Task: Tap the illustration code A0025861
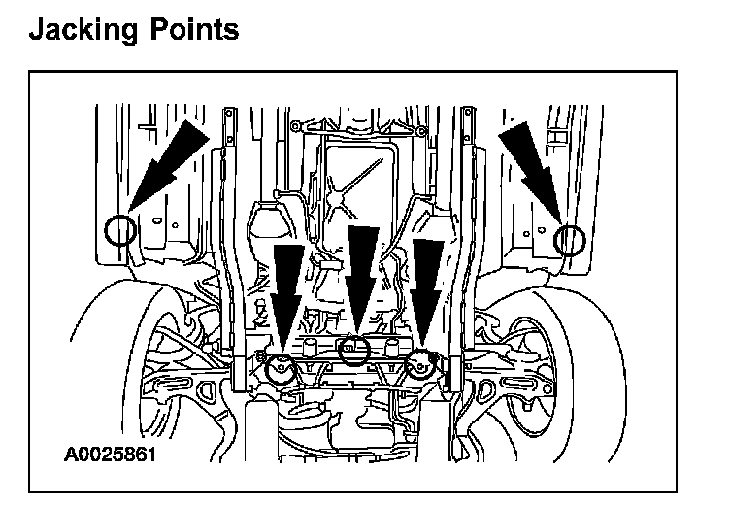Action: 111,454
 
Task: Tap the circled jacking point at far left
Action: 119,230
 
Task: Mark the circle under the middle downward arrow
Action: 356,348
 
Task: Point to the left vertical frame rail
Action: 233,272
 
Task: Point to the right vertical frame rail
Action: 470,272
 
